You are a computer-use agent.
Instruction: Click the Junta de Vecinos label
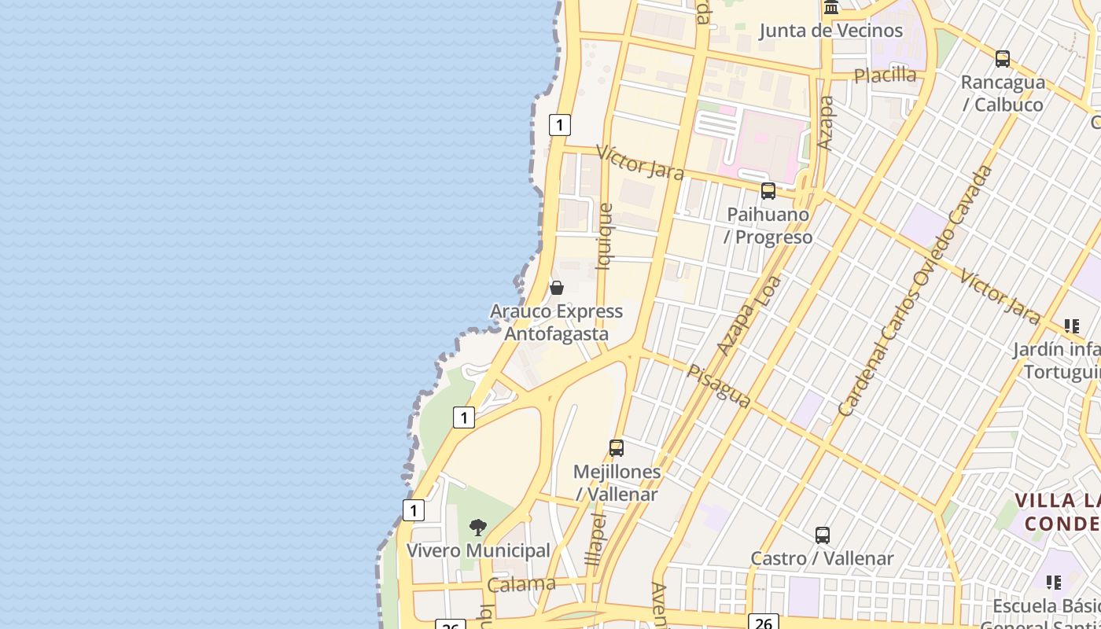pos(830,31)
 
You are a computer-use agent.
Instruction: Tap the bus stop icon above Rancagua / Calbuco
pos(1002,59)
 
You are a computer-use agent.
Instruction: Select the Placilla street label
pos(886,75)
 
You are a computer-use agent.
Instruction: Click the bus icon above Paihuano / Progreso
pos(768,191)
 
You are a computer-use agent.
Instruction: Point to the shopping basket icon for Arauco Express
pos(557,288)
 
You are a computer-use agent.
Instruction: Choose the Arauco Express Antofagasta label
pos(556,322)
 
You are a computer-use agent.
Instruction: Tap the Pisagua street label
pos(719,385)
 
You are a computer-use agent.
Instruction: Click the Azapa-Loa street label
pos(749,314)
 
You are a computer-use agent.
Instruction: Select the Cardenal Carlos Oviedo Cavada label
pos(915,291)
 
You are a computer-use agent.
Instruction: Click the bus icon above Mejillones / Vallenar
pos(617,448)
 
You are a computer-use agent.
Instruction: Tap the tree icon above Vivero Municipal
pos(477,528)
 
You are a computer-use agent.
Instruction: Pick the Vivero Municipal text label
pos(478,550)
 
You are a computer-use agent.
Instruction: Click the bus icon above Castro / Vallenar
pos(823,535)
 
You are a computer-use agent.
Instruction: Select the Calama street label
pos(521,585)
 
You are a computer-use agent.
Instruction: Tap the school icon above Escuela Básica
pos(1053,583)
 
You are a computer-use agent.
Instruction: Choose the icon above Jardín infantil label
pos(1071,326)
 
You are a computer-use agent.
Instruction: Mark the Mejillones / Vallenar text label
pos(617,483)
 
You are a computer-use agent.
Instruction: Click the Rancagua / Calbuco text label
pos(1003,94)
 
